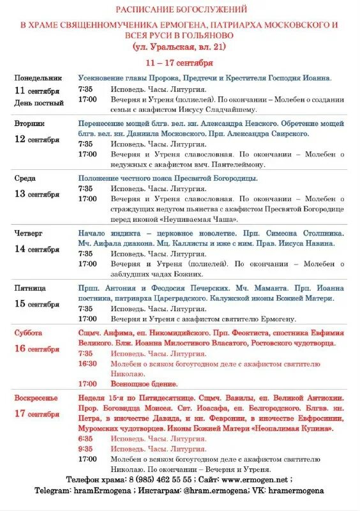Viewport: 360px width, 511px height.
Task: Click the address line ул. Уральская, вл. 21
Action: tap(179, 47)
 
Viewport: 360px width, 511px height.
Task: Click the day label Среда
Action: tap(26, 178)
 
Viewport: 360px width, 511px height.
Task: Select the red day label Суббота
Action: tap(29, 333)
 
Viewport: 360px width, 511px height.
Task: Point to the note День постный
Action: tap(39, 103)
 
